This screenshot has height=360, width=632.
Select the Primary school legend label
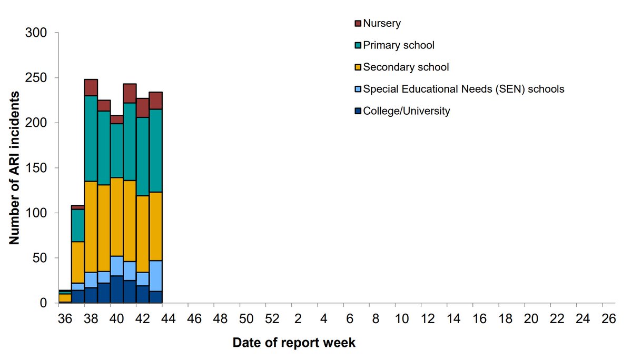pyautogui.click(x=399, y=45)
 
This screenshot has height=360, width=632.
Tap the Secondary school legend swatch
pyautogui.click(x=358, y=67)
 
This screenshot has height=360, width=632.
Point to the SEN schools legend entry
pyautogui.click(x=463, y=89)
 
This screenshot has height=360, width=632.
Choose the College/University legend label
pyautogui.click(x=407, y=111)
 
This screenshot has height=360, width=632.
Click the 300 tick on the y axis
pyautogui.click(x=37, y=33)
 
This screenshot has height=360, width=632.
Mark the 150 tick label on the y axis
pyautogui.click(x=37, y=168)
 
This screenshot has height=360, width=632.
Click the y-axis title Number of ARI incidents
pyautogui.click(x=14, y=168)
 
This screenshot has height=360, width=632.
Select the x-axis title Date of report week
pyautogui.click(x=294, y=343)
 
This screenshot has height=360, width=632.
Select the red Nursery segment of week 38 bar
pyautogui.click(x=91, y=87)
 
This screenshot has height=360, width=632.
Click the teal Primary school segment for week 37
pyautogui.click(x=78, y=225)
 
